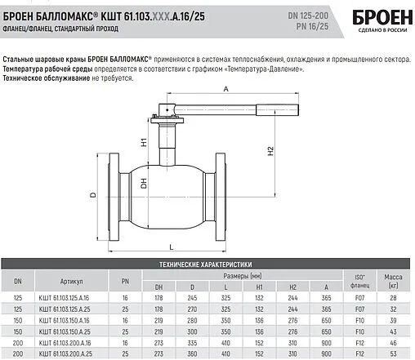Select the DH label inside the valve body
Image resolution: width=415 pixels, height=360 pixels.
click(143, 185)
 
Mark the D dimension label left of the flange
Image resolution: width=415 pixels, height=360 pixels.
click(93, 195)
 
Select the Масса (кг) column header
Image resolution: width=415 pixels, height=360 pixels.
click(393, 280)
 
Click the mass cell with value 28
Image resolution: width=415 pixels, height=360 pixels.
click(393, 299)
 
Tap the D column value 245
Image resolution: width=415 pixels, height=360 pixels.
click(193, 299)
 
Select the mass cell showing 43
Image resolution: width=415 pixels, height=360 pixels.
click(393, 333)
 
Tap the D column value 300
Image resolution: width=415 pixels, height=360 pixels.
click(193, 333)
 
